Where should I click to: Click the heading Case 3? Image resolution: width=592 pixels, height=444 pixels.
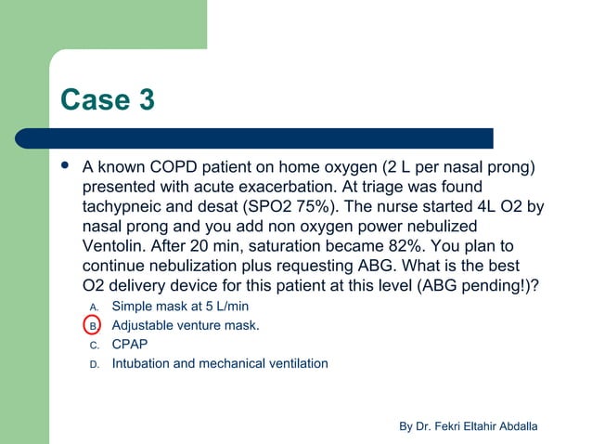pos(107,99)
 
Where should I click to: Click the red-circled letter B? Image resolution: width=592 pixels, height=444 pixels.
pos(93,325)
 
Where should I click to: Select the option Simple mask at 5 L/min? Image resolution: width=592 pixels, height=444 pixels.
pos(180,306)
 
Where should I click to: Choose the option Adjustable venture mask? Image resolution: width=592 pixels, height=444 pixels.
pos(186,325)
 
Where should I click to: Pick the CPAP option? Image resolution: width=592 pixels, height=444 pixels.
pos(130,344)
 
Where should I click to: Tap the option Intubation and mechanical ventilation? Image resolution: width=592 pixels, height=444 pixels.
pos(220,363)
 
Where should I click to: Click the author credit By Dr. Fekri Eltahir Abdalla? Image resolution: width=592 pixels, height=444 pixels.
pos(468,425)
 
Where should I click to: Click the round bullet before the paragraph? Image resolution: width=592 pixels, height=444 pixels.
pos(64,168)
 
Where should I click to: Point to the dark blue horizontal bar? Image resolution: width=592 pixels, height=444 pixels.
pos(269,137)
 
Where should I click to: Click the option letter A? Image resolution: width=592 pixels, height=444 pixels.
pos(93,307)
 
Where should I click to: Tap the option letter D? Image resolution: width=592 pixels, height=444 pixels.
pos(93,364)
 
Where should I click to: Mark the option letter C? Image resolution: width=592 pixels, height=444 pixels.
pos(93,345)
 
